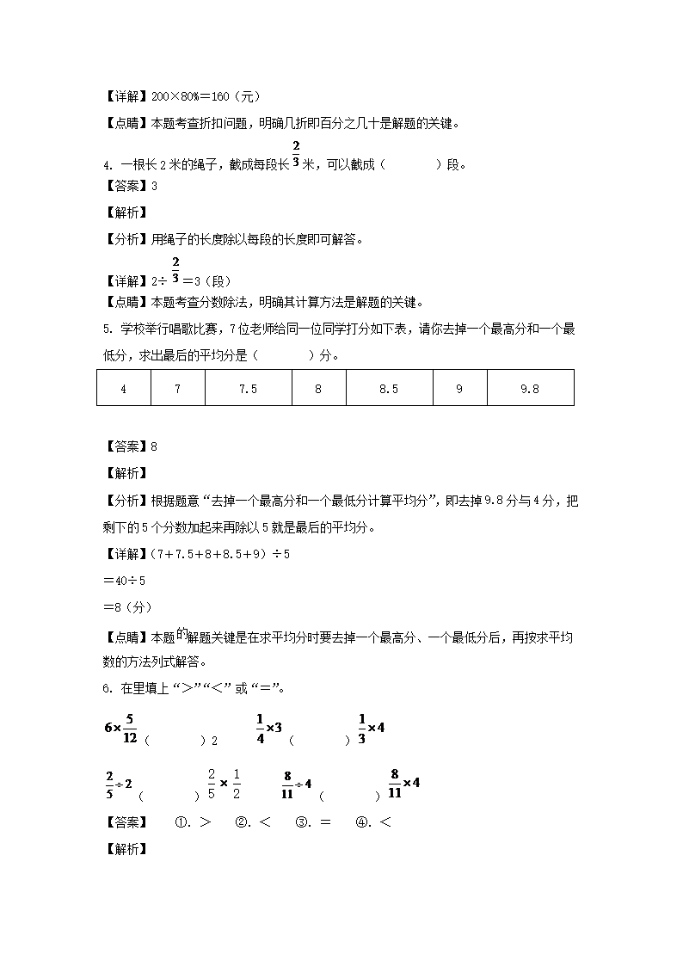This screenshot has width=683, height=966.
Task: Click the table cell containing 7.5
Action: point(248,389)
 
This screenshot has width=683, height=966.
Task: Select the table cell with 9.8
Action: point(530,389)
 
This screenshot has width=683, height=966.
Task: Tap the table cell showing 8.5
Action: point(389,389)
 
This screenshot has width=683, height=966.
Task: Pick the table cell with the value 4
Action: point(124,389)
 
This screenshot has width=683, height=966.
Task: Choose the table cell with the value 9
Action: point(459,389)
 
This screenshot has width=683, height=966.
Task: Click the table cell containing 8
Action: point(318,389)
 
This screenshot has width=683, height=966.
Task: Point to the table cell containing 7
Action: point(177,389)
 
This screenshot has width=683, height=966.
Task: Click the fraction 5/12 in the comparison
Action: point(130,728)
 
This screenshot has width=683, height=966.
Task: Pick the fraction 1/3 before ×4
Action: point(362,727)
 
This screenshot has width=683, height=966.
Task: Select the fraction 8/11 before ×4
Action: point(395,783)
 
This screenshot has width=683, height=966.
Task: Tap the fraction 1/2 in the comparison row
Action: point(237,784)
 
